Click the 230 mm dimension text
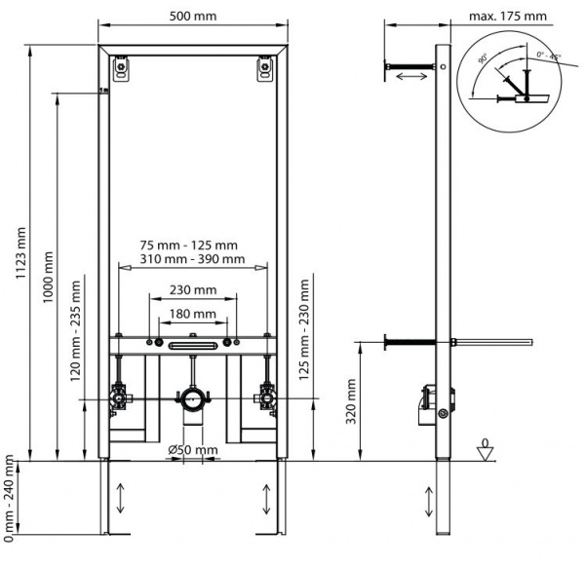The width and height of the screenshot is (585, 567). click(191, 289)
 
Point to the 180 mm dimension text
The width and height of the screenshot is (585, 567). click(191, 314)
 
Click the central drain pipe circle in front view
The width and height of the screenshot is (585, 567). click(191, 398)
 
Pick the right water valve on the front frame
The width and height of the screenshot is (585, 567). click(262, 397)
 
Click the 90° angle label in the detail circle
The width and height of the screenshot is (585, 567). click(483, 59)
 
